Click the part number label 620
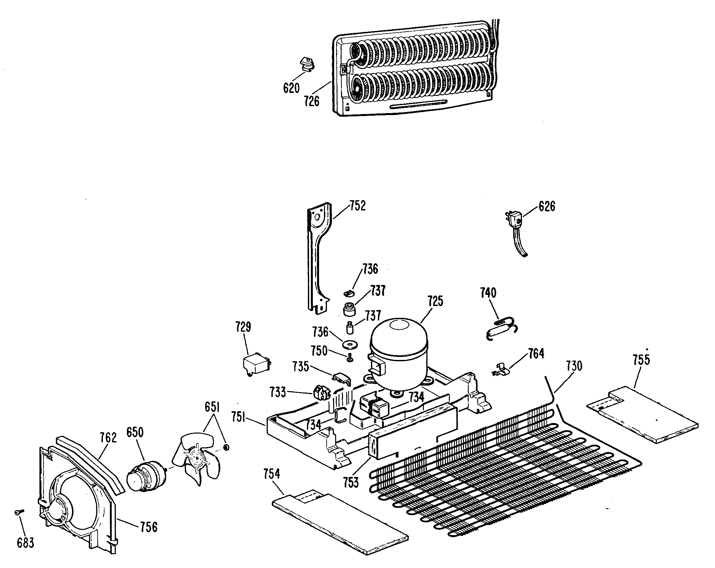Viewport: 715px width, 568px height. pyautogui.click(x=291, y=88)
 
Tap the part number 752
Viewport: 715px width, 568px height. pyautogui.click(x=357, y=206)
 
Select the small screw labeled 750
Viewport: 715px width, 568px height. pyautogui.click(x=350, y=359)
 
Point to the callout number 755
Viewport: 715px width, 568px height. pyautogui.click(x=641, y=360)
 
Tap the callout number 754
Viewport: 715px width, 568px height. pyautogui.click(x=272, y=474)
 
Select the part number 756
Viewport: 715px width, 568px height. pyautogui.click(x=148, y=527)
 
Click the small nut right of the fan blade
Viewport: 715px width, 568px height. pyautogui.click(x=227, y=448)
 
